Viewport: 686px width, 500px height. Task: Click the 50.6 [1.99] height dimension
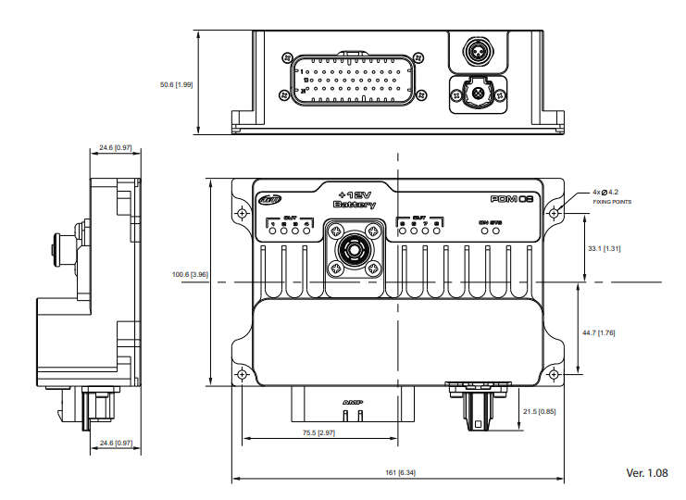point(176,85)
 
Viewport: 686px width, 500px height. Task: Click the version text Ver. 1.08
point(646,472)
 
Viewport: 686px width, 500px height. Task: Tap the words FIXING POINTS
point(612,202)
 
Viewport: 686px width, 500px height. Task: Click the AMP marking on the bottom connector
point(351,403)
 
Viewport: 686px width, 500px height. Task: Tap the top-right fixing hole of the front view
point(554,213)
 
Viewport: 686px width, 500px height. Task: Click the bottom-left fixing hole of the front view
point(243,375)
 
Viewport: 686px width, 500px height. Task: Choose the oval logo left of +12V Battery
point(268,198)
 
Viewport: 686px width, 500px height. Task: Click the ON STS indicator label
point(490,222)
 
